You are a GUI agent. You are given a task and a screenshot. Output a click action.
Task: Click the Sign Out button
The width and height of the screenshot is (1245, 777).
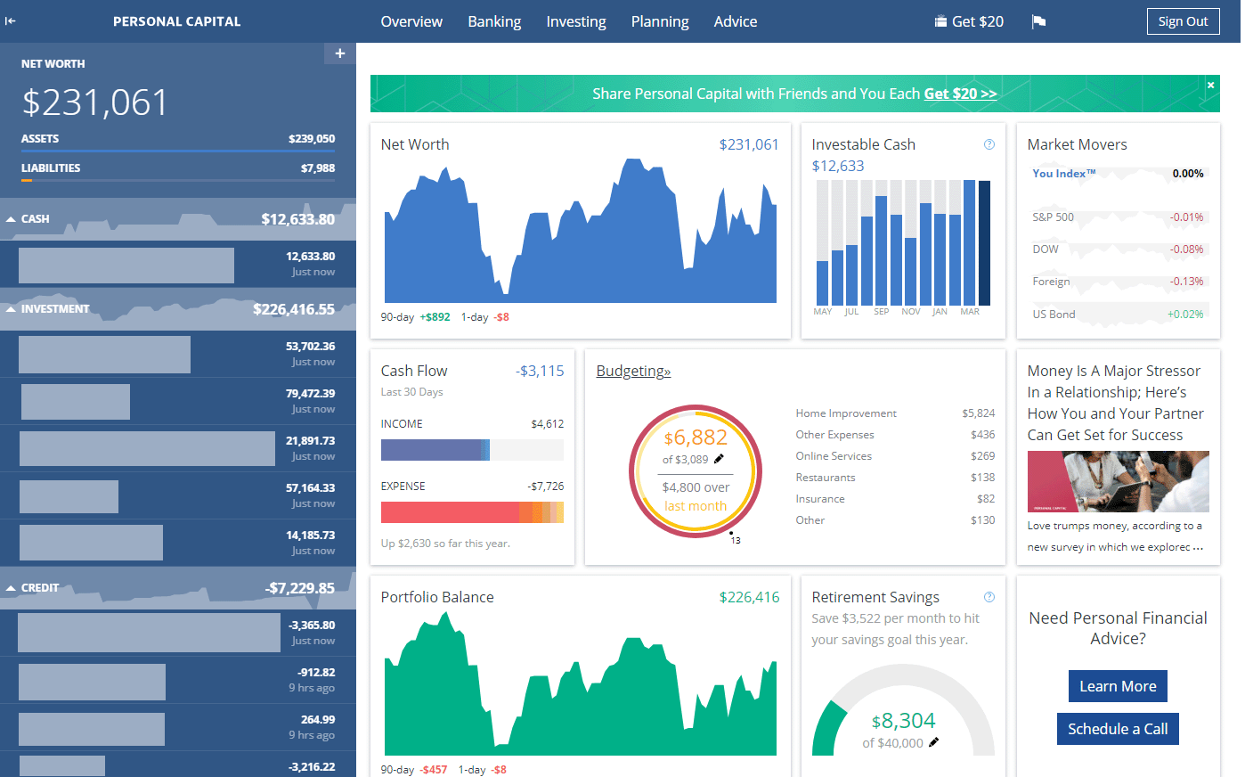point(1183,21)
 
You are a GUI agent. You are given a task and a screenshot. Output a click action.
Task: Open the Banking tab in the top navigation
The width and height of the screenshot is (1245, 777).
point(494,21)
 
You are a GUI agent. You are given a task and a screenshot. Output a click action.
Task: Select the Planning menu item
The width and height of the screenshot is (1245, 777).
point(659,21)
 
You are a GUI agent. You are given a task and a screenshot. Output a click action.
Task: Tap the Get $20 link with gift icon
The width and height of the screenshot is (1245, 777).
point(969,21)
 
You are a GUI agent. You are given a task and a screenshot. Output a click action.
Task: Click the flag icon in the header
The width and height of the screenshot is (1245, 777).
point(1038,22)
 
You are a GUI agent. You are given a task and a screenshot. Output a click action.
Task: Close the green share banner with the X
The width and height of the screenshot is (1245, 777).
point(1210,85)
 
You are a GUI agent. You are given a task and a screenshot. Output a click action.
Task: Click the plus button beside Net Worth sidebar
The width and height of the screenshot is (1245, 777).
point(339,53)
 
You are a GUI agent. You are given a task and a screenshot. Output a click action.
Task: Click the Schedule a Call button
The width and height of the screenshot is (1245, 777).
point(1118,729)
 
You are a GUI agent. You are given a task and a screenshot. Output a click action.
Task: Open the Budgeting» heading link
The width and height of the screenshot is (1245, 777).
point(633,371)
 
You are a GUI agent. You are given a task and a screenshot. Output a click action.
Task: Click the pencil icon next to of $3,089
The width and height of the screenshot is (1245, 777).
point(719,459)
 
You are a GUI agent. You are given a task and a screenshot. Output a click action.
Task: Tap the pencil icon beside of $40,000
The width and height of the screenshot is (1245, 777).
point(933,742)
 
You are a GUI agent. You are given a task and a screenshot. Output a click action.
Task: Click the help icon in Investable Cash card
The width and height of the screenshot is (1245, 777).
point(989,144)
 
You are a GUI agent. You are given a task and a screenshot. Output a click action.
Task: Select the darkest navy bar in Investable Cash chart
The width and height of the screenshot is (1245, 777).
point(984,242)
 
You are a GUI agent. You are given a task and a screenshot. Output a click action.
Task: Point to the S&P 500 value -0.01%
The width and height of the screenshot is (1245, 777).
point(1186,217)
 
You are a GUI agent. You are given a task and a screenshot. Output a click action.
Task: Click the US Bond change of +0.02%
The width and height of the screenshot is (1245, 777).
point(1184,315)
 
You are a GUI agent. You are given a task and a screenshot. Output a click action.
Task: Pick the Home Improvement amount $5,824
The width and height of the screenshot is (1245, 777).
point(978,413)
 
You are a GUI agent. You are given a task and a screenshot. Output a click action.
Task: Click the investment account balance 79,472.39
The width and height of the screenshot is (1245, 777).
point(310,393)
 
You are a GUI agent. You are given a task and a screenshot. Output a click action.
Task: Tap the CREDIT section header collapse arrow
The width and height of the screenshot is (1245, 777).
point(11,588)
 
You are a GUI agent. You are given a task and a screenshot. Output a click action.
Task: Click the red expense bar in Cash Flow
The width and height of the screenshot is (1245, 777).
point(450,512)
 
